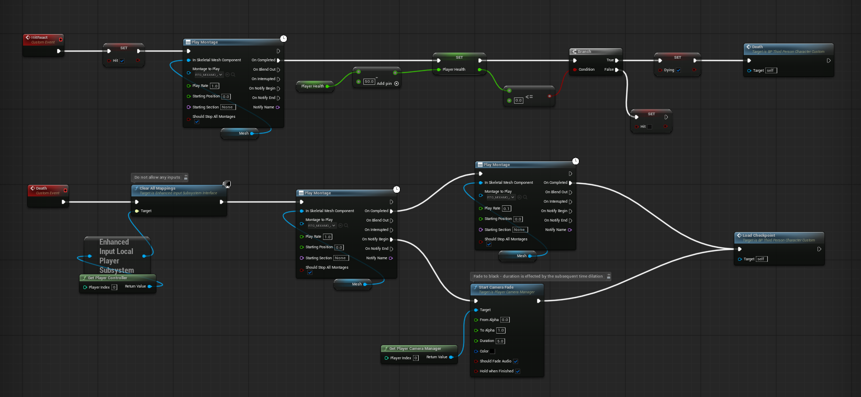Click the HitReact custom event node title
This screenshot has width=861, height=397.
coord(39,38)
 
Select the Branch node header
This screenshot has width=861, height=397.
coord(585,52)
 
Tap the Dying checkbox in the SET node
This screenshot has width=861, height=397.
coord(678,70)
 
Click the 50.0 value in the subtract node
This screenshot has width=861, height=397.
coord(369,82)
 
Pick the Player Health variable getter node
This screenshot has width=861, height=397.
coord(313,86)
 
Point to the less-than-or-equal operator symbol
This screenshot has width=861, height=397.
coord(529,97)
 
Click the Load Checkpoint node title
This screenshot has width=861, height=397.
coord(758,236)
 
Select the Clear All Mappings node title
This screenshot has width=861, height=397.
coord(158,189)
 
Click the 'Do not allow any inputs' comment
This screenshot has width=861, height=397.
coord(157,178)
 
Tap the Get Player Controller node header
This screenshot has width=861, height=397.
coord(107,278)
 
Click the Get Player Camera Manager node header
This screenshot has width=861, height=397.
coord(415,349)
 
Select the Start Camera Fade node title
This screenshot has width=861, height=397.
coord(496,288)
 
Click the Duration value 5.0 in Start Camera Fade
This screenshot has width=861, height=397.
coord(500,341)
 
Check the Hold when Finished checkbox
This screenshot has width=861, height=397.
coord(518,371)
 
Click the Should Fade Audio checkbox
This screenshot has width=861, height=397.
coord(516,361)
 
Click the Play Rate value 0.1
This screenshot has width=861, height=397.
coord(507,208)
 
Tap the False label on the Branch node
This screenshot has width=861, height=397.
coord(609,70)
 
